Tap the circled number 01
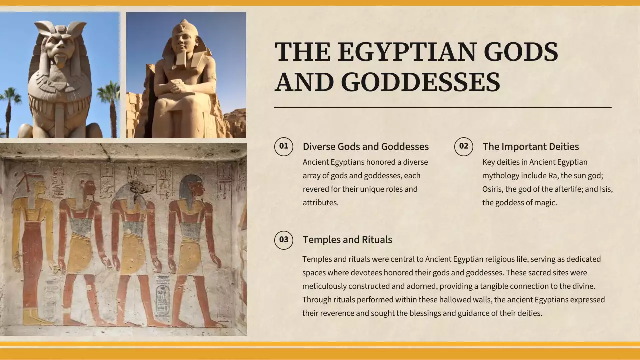[x=284, y=146]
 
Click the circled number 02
[x=464, y=146]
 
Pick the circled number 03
[x=284, y=240]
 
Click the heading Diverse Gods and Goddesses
[x=366, y=147]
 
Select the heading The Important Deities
[x=531, y=147]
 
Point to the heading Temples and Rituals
[x=347, y=240]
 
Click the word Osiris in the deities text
[x=493, y=189]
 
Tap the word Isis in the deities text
[x=606, y=189]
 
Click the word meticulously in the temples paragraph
[x=324, y=286]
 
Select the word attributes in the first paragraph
[x=320, y=203]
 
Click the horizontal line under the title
[x=443, y=107]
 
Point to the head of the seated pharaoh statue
[x=185, y=40]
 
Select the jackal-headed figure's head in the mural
[x=134, y=190]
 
